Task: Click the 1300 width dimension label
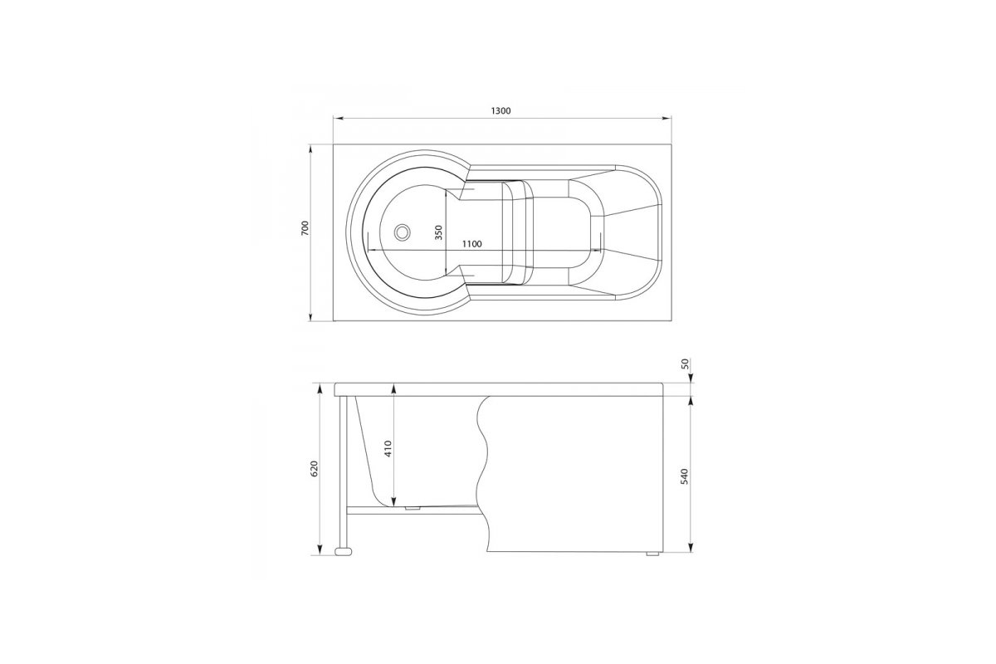[500, 110]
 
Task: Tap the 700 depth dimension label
[305, 227]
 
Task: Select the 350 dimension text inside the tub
[439, 232]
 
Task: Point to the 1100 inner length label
[471, 244]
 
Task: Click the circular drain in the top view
[403, 232]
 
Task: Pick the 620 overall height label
[315, 469]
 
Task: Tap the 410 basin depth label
[388, 449]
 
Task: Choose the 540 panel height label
[684, 476]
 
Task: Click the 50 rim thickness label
[685, 364]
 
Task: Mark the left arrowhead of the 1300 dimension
[338, 119]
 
